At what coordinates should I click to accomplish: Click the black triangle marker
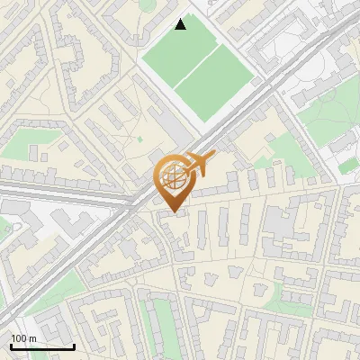coord(181,24)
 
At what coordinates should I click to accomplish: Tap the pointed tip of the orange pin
coord(174,212)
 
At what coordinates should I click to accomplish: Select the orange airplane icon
coord(200,163)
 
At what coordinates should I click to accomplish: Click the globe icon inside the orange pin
coord(174,177)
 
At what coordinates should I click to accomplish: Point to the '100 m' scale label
coord(23,338)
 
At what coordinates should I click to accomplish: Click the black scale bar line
coord(42,346)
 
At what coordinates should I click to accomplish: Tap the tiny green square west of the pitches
coord(139,139)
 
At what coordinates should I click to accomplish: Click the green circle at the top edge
coord(148,4)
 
